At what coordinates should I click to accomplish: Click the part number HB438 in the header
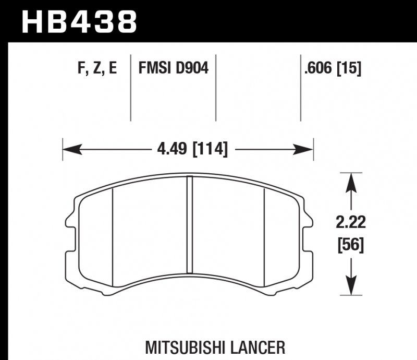tap(79, 22)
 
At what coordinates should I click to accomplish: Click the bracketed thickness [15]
tap(349, 68)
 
